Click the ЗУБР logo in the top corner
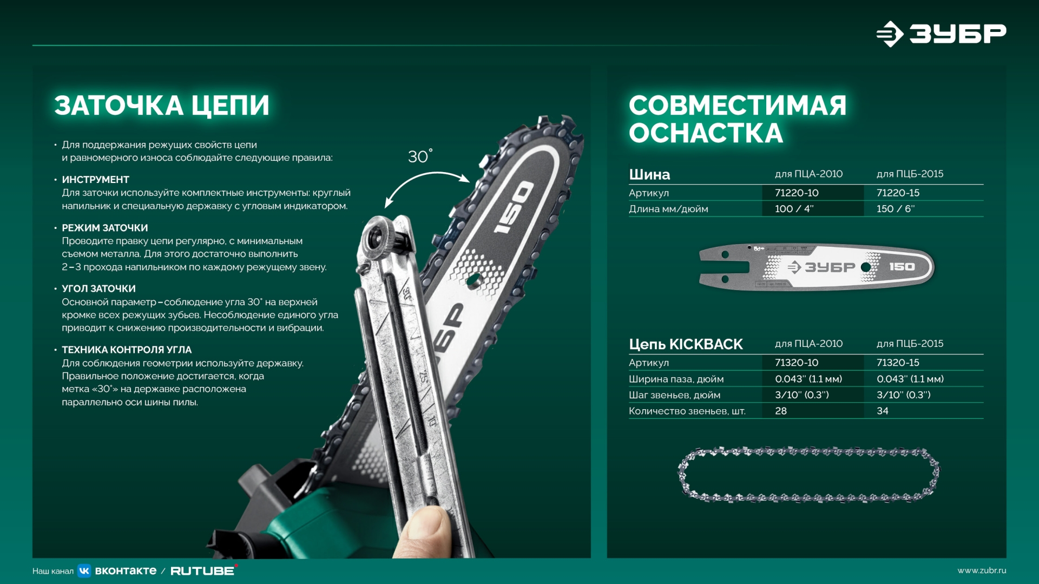coord(942,34)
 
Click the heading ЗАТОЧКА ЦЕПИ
coord(161,106)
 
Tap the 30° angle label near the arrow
coord(419,156)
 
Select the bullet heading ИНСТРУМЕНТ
coord(95,180)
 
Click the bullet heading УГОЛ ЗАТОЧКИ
coord(98,289)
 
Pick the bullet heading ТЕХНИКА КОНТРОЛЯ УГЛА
coord(127,350)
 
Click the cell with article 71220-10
coord(797,193)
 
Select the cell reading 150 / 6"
coord(895,209)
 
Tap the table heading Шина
coord(649,175)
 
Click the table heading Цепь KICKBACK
coord(686,345)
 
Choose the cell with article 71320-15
coord(898,363)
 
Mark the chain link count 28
coord(781,411)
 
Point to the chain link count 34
coord(883,411)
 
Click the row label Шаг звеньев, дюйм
coord(674,395)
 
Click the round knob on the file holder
coord(375,237)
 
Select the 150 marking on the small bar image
coord(902,267)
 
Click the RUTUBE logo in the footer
coord(203,571)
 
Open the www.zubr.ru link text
coord(981,570)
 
